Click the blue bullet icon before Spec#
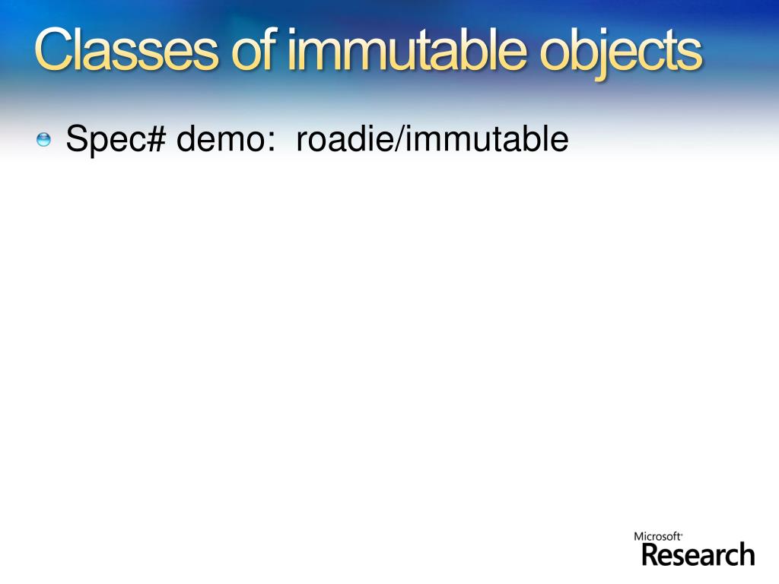(43, 139)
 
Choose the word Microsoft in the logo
(657, 537)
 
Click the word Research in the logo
(698, 554)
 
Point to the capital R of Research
(651, 554)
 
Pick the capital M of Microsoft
(639, 537)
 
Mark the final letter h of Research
(746, 554)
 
